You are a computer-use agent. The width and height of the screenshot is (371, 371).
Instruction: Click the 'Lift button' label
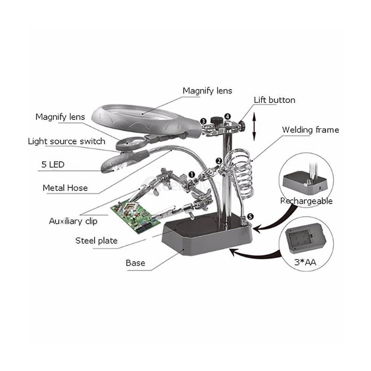(x=274, y=100)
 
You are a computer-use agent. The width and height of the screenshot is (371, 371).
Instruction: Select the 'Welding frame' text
(x=310, y=130)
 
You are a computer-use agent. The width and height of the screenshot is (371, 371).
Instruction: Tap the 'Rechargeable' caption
(x=306, y=201)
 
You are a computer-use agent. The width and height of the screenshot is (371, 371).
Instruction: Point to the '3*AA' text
(x=306, y=262)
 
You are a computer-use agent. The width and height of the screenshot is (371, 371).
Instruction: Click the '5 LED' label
(x=53, y=165)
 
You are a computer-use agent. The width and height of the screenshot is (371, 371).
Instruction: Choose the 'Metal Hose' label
(x=65, y=188)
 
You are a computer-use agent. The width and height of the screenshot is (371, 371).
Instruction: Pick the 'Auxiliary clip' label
(x=73, y=221)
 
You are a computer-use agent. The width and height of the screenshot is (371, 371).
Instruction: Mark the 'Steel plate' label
(x=96, y=240)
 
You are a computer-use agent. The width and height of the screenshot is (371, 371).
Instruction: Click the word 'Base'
(x=135, y=263)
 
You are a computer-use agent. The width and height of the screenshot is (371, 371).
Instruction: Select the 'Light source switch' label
(x=66, y=141)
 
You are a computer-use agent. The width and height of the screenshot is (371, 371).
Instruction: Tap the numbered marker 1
(x=191, y=174)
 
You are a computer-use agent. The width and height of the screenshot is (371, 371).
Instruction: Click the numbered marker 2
(x=219, y=161)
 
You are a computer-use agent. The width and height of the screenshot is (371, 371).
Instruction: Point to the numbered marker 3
(x=203, y=121)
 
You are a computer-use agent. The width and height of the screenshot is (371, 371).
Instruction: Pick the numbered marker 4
(x=227, y=116)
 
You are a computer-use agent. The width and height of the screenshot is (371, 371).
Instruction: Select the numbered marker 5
(x=251, y=216)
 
